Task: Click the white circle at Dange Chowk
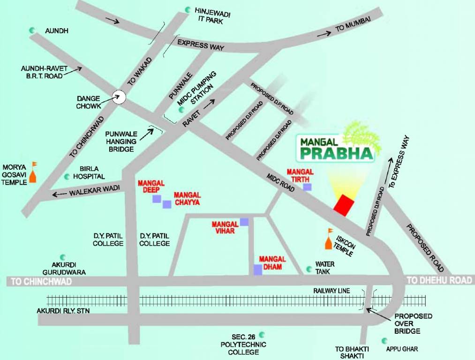tap(120, 97)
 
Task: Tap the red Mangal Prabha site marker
tap(343, 205)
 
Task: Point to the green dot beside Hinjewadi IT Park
tap(188, 9)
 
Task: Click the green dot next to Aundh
tap(32, 30)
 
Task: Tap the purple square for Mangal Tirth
tap(307, 187)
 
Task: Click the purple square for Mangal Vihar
tap(244, 221)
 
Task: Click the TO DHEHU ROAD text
tap(439, 280)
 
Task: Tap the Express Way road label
tap(201, 45)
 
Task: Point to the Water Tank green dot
tap(309, 269)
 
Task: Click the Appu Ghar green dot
tap(385, 340)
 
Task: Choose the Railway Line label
tap(332, 291)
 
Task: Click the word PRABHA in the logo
tap(336, 153)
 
